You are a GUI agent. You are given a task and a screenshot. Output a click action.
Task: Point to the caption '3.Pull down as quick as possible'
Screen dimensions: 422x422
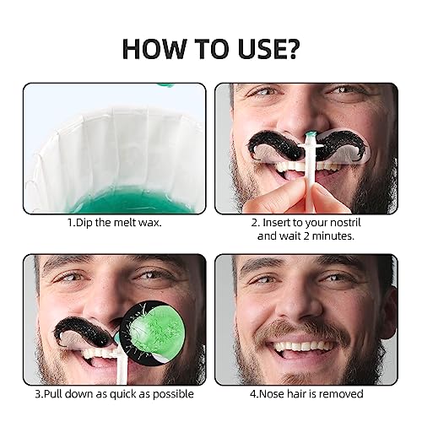point(115,394)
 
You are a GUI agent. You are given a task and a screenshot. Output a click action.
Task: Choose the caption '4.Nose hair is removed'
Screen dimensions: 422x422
point(306,394)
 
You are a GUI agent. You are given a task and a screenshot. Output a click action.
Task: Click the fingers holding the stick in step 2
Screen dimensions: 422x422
point(325,196)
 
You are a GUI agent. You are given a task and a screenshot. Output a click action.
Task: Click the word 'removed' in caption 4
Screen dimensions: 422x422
point(339,394)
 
